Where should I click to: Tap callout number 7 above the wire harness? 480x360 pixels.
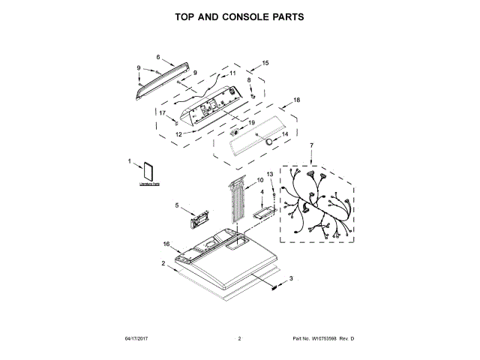311,144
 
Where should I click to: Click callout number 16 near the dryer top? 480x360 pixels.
166,243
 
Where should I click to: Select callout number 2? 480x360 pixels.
163,263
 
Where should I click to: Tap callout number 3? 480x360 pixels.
291,278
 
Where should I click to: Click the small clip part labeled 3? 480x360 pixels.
275,285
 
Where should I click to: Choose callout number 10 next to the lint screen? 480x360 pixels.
260,180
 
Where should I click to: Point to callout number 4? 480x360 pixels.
262,193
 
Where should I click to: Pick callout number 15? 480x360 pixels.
265,64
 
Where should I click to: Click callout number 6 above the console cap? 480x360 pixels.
158,57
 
